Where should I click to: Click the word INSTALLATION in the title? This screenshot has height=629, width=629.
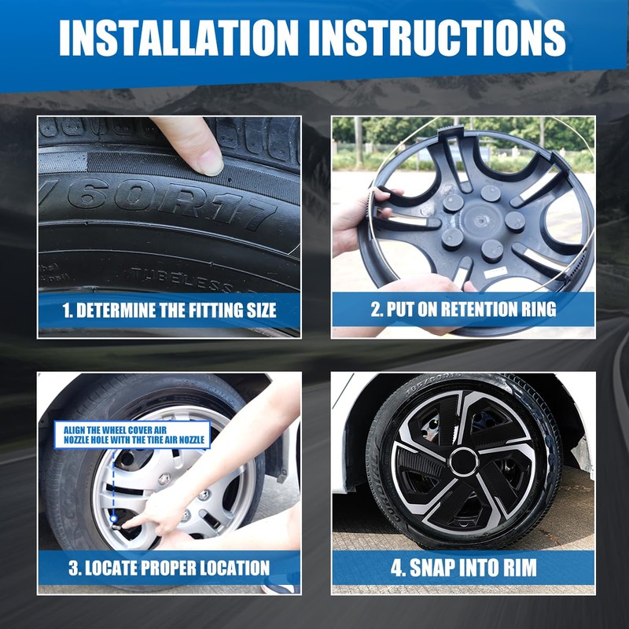click(178, 37)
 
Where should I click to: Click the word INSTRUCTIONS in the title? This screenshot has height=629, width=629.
click(437, 37)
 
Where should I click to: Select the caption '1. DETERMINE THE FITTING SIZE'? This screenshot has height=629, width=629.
click(169, 311)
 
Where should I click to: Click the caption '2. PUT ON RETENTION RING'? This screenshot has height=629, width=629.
click(463, 309)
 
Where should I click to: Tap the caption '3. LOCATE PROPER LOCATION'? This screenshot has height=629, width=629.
click(169, 568)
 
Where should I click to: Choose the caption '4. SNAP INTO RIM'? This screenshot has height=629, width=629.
click(463, 567)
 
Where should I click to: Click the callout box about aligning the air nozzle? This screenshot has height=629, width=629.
click(132, 435)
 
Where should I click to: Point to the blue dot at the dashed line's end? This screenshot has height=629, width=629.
click(113, 520)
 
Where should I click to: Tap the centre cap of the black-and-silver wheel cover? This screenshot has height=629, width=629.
click(464, 462)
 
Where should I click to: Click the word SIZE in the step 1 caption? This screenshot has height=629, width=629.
click(261, 311)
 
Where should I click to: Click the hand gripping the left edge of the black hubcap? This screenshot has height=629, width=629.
click(361, 217)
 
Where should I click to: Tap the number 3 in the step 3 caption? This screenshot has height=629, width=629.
click(72, 568)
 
